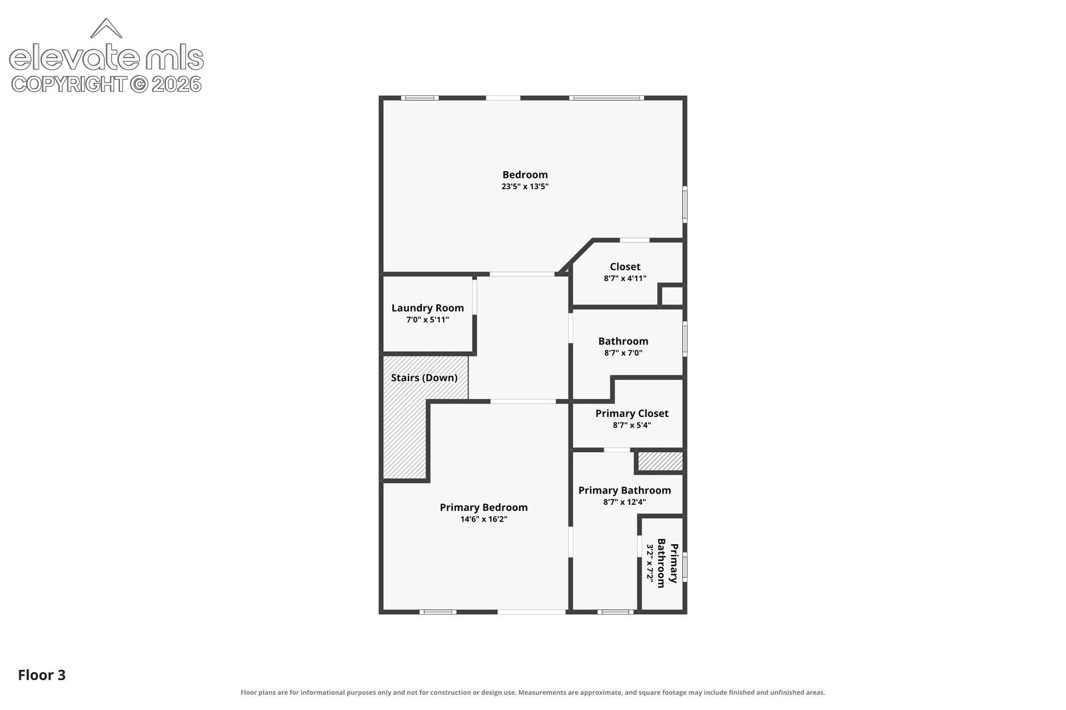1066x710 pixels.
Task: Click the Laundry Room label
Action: tap(427, 308)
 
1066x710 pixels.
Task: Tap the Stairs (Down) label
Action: tap(424, 378)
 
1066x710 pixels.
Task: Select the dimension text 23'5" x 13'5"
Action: tap(525, 186)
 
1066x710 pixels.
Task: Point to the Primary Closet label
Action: tap(632, 414)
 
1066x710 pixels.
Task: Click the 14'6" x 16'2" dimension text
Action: tap(484, 519)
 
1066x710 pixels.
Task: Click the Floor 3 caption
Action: tap(42, 675)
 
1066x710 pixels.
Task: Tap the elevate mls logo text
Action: tap(107, 57)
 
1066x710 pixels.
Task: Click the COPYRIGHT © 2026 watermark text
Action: tap(107, 84)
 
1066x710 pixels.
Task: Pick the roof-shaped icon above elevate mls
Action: tap(106, 28)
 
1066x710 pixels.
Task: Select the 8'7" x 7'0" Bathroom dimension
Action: tap(623, 353)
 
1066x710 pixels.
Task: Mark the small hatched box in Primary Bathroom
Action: tap(660, 461)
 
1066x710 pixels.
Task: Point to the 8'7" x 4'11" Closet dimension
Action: tap(625, 278)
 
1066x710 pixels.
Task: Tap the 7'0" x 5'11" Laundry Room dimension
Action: tap(427, 320)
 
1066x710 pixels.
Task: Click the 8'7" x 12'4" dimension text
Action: tap(624, 502)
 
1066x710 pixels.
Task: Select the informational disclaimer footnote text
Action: tap(532, 693)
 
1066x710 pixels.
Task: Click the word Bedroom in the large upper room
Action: tap(525, 175)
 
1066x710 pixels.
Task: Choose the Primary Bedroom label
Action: tap(484, 508)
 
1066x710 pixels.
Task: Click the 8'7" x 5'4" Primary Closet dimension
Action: tap(632, 426)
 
